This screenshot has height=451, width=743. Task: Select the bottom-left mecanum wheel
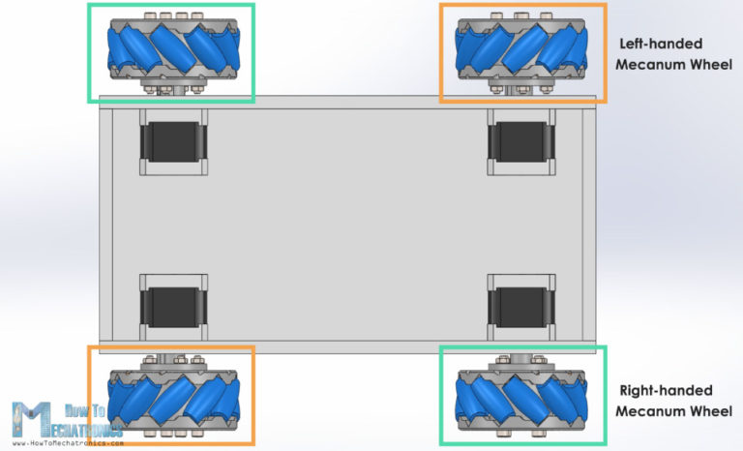171,398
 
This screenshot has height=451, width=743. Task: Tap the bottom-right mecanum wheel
522,398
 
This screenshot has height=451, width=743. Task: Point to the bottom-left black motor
173,306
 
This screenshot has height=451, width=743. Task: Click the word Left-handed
660,44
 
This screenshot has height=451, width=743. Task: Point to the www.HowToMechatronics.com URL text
68,442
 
